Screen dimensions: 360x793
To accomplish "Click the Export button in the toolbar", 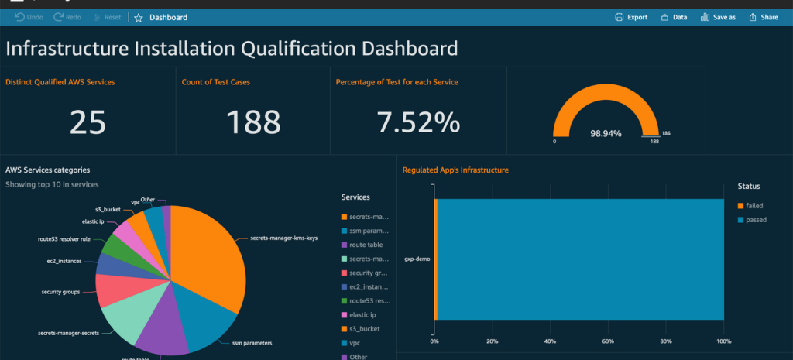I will coord(631,17).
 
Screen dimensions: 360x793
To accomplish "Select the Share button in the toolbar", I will coord(762,17).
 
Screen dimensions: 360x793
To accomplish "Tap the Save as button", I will coord(718,17).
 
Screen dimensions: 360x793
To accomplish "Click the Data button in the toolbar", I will coord(674,17).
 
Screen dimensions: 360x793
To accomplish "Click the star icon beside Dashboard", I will coord(139,17).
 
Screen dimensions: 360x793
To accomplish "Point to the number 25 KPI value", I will coord(88,122).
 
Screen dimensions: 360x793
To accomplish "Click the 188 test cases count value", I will coord(253,122).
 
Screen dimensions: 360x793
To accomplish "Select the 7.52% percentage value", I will coord(418,122).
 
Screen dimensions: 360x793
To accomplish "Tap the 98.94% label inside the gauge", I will coord(606,134).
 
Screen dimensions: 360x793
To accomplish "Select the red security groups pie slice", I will coord(116,290).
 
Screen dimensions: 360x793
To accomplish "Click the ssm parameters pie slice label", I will coord(252,341).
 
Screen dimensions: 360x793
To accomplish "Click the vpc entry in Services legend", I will coord(355,343).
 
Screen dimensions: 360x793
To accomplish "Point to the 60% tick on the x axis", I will coord(608,341).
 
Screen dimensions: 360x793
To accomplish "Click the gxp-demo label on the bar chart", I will coord(417,259).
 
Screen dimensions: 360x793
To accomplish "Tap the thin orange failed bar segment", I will coord(436,259).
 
